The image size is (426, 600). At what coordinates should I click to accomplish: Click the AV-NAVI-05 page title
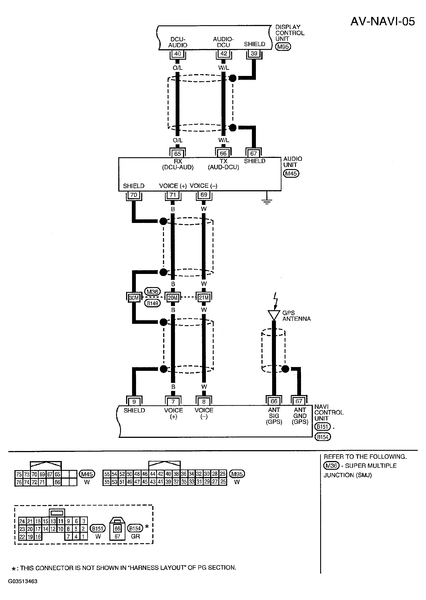tap(382, 22)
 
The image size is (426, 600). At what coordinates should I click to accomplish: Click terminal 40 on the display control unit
tap(178, 54)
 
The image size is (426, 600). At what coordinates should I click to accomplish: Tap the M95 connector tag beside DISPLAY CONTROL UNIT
tap(283, 47)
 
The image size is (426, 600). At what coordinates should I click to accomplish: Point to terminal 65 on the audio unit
tap(178, 154)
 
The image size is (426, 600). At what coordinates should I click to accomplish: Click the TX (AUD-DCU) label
tap(223, 164)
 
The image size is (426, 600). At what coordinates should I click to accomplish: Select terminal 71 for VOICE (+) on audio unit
tap(173, 195)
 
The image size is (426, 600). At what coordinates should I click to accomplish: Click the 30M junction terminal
tap(134, 298)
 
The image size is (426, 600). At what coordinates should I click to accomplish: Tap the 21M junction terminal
tap(204, 298)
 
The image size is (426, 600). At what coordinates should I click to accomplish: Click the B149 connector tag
tap(152, 303)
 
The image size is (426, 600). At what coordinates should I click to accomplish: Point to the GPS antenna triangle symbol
tap(274, 315)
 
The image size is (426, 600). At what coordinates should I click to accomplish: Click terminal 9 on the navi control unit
tap(134, 402)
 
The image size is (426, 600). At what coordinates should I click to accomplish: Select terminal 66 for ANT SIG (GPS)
tap(274, 401)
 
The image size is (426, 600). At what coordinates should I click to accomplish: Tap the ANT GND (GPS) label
tap(300, 416)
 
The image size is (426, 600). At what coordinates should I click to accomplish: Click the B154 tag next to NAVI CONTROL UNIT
tap(323, 437)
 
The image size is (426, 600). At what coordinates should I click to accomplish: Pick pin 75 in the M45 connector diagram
tap(19, 474)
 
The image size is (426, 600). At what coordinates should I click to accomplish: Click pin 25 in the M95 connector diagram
tap(223, 482)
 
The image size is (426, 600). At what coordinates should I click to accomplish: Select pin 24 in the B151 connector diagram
tap(22, 521)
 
